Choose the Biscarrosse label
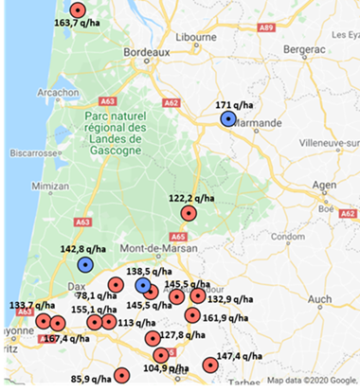tap(32, 151)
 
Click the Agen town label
tap(325, 186)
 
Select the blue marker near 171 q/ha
tap(227, 118)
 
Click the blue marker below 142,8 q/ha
tap(85, 264)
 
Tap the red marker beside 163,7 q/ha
tap(78, 10)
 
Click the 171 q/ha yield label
tap(234, 104)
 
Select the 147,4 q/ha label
tap(243, 357)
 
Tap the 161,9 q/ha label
tap(228, 318)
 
